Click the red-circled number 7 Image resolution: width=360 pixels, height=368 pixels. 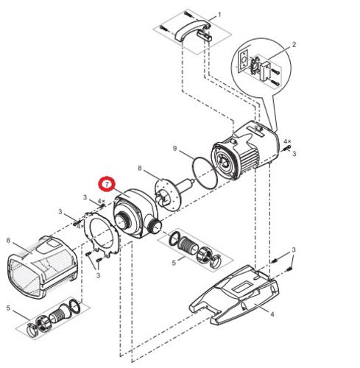tap(108, 181)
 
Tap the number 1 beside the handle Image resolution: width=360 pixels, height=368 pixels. tap(218, 15)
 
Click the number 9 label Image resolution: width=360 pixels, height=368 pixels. tap(175, 149)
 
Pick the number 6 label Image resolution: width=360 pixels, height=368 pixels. tap(8, 240)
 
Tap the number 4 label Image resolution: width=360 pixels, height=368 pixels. tap(272, 314)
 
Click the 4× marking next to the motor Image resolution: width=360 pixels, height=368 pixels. tap(287, 140)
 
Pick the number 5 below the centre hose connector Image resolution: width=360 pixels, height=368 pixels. tap(174, 262)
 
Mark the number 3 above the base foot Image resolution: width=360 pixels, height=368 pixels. tap(293, 251)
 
